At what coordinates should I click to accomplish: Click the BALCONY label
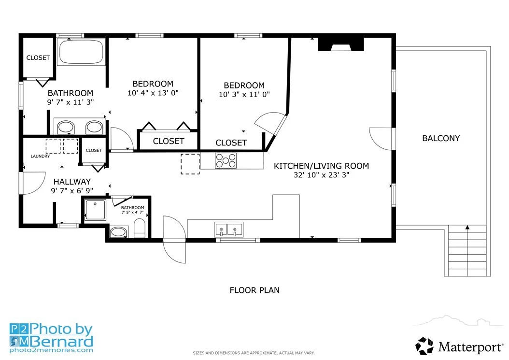(x=441, y=138)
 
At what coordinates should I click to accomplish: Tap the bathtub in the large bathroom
(x=82, y=52)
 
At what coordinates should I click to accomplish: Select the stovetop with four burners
(x=226, y=160)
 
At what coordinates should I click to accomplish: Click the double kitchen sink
(x=228, y=230)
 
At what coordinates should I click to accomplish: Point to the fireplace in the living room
(x=341, y=44)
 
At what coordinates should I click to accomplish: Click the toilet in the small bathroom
(x=140, y=228)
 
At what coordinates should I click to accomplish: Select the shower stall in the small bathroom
(x=95, y=210)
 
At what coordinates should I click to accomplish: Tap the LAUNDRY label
(x=40, y=156)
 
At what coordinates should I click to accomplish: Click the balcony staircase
(x=467, y=250)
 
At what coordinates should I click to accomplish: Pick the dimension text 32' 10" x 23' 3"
(x=321, y=175)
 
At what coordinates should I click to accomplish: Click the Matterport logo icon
(x=424, y=346)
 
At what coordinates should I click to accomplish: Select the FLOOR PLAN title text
(x=254, y=290)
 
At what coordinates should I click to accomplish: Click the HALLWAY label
(x=72, y=182)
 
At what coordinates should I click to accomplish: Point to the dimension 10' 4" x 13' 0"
(x=153, y=93)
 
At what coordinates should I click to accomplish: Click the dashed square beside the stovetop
(x=190, y=164)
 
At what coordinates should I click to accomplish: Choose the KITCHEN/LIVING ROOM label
(x=321, y=166)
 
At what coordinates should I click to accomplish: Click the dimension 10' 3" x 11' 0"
(x=244, y=95)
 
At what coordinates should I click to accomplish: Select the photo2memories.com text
(x=51, y=350)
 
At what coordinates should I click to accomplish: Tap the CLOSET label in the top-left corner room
(x=38, y=58)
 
